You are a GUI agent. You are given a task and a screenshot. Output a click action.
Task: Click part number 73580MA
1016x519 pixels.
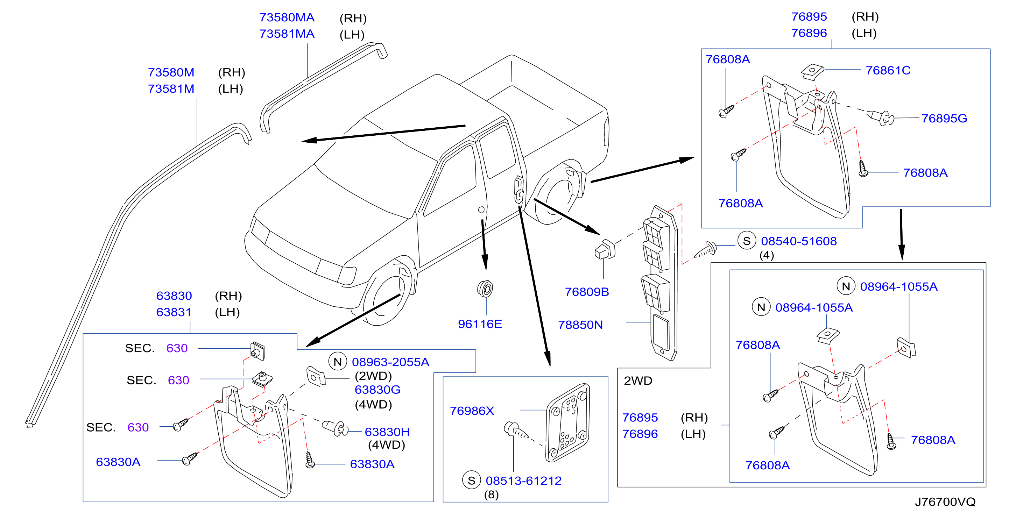287,17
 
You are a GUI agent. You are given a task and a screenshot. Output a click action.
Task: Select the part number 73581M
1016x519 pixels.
171,89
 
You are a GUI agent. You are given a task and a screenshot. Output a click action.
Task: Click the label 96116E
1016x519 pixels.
480,324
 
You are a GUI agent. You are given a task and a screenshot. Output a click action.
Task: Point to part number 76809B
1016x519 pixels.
587,292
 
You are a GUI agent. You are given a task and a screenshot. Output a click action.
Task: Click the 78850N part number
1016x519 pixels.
580,325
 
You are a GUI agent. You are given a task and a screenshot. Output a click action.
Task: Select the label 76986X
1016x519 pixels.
472,411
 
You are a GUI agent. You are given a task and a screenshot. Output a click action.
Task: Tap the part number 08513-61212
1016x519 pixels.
523,481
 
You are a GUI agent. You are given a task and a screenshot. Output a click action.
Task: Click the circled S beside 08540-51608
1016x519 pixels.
747,241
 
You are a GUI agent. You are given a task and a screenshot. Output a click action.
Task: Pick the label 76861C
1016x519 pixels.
888,70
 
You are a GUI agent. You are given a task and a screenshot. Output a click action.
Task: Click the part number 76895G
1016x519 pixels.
944,118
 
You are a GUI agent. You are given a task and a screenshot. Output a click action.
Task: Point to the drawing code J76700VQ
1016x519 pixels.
945,502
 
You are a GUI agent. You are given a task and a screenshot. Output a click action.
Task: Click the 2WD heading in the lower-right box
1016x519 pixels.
638,381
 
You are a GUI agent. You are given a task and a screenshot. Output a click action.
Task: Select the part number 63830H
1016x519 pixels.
387,432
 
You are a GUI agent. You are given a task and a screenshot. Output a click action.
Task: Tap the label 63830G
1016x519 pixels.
378,390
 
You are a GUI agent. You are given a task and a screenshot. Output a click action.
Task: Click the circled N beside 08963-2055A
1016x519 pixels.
338,362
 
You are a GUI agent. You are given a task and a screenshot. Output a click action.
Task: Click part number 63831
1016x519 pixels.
174,312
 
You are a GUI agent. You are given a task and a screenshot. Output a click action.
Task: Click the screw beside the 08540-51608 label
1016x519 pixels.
706,250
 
